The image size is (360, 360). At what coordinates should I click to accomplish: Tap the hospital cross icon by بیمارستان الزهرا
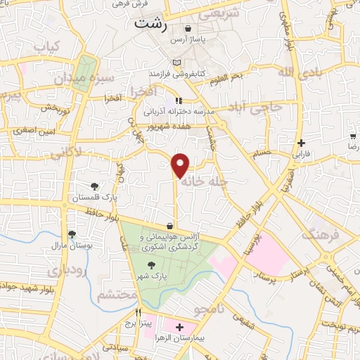pyautogui.click(x=179, y=327)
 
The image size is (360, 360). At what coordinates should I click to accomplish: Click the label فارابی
pyautogui.click(x=300, y=153)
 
